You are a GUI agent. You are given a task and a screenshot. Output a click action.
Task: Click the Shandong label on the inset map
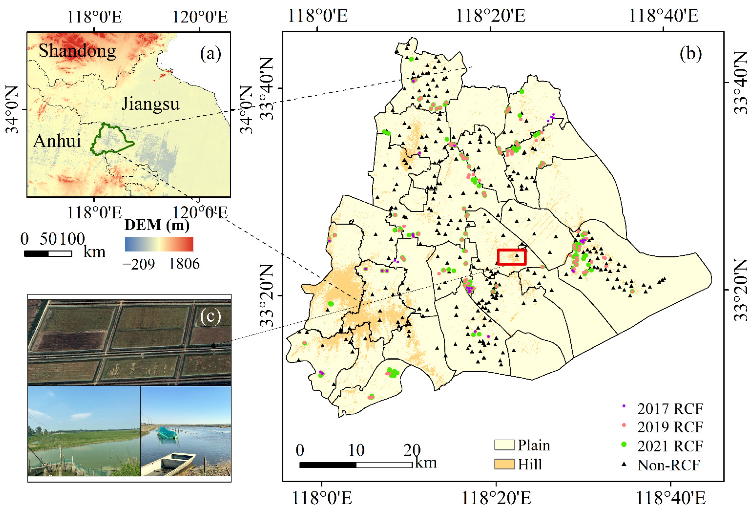tap(77, 51)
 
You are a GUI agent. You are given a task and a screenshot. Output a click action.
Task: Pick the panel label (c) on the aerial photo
tap(210, 316)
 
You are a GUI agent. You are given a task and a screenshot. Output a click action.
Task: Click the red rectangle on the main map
tap(512, 257)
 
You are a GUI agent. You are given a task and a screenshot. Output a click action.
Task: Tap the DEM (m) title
tap(157, 225)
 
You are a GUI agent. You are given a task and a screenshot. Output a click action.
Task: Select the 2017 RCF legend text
tap(670, 409)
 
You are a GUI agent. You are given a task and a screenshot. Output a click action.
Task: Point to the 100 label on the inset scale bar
tap(72, 239)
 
